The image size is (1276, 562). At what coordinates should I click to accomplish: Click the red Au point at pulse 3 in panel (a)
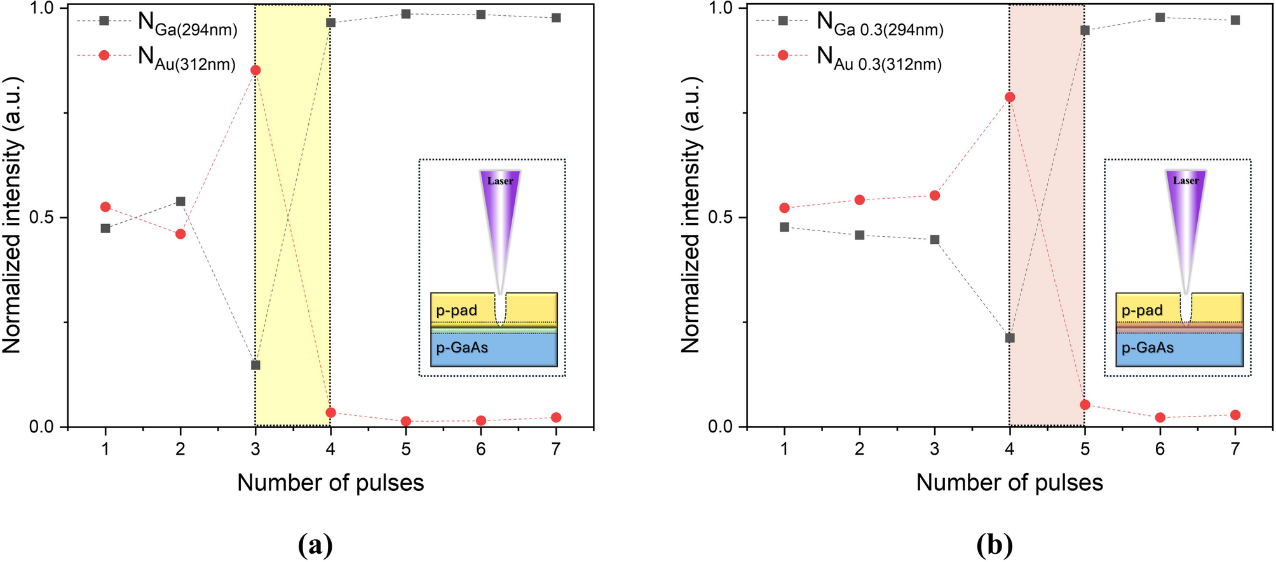[255, 70]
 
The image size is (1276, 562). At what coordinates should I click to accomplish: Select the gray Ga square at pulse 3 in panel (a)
[255, 365]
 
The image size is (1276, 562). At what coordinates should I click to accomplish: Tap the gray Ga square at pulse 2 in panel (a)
[180, 201]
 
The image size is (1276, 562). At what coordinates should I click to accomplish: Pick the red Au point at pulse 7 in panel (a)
[556, 417]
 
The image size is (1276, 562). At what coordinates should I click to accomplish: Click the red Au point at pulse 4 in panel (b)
[1010, 97]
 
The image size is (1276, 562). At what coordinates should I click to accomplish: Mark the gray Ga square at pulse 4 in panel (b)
[1010, 338]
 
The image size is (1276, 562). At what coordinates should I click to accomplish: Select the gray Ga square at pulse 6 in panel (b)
[1160, 17]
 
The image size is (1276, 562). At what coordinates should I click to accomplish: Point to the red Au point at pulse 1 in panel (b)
[784, 208]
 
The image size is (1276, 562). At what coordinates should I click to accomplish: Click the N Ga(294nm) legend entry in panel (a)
[187, 24]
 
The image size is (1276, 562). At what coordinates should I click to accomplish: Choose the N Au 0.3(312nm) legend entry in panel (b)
[879, 59]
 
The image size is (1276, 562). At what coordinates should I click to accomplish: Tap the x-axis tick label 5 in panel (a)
[406, 450]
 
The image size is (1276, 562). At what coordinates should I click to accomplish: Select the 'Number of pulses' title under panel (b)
[1009, 483]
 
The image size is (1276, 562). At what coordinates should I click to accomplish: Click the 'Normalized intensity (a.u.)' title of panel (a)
[13, 216]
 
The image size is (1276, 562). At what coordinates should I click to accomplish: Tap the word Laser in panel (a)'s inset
[500, 181]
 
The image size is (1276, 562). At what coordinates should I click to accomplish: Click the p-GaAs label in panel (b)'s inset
[1148, 348]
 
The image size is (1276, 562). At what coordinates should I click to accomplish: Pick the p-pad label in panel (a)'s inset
[456, 311]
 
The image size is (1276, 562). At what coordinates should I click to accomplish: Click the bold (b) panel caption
[994, 545]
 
